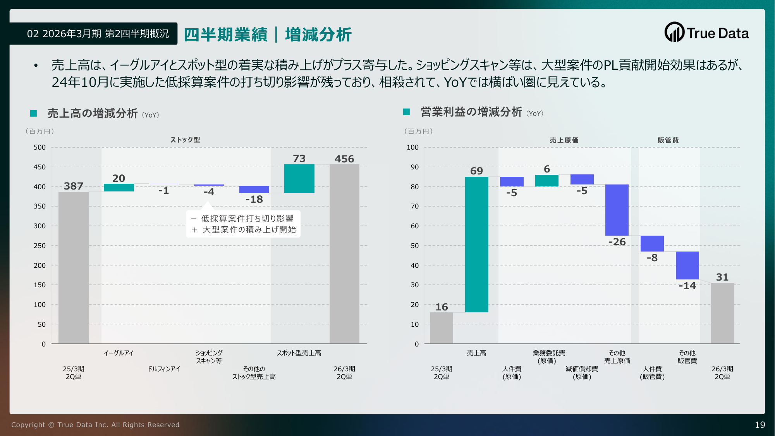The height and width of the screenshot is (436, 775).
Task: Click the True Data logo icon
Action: (x=674, y=32)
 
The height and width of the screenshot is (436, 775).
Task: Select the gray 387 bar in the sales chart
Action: (x=74, y=267)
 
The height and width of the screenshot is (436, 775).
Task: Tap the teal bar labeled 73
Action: (x=299, y=179)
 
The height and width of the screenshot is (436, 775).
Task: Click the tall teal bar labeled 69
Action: (x=476, y=245)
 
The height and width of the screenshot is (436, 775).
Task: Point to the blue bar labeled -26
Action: (x=617, y=210)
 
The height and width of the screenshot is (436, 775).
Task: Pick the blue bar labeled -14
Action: (x=687, y=265)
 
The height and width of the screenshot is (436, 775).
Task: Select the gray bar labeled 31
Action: (x=722, y=313)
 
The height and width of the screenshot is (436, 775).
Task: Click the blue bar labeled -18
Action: (x=254, y=190)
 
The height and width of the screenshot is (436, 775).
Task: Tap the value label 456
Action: (x=344, y=159)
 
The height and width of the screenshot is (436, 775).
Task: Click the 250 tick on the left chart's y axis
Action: (x=40, y=246)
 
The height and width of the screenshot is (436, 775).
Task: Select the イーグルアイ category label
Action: (x=119, y=353)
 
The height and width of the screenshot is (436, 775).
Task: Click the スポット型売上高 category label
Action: (x=299, y=353)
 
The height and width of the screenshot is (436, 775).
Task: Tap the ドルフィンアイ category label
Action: (x=164, y=369)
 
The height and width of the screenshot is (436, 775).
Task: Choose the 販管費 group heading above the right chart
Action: (x=668, y=140)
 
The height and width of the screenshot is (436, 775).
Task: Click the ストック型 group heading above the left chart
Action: (x=185, y=140)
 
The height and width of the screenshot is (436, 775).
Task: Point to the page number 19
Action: (x=760, y=425)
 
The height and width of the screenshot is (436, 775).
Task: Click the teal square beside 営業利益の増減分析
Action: (x=406, y=112)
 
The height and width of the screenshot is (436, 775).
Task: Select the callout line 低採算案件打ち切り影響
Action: (x=247, y=219)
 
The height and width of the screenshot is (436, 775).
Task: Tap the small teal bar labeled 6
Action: (x=546, y=181)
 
